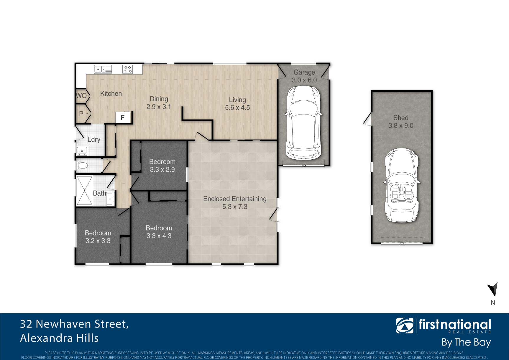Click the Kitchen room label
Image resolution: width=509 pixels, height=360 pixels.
click(x=111, y=94)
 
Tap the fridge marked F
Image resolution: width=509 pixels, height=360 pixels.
click(x=123, y=117)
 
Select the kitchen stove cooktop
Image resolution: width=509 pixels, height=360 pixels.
click(x=128, y=69)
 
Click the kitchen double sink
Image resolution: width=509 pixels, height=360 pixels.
click(x=103, y=69)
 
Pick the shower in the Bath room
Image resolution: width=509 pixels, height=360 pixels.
click(x=85, y=190)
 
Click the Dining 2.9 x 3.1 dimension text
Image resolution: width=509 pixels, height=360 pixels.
click(x=159, y=107)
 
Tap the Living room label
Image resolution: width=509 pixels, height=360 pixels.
click(x=237, y=100)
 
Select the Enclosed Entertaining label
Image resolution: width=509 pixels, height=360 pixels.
click(x=235, y=199)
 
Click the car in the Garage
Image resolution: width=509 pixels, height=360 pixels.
click(x=304, y=122)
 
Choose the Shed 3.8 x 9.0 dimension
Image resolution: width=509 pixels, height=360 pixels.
click(x=401, y=126)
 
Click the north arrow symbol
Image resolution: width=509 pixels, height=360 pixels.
click(x=493, y=289)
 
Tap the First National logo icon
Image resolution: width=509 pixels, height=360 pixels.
click(x=405, y=325)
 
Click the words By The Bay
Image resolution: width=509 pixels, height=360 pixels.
click(x=466, y=342)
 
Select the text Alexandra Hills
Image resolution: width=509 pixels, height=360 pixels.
click(x=59, y=338)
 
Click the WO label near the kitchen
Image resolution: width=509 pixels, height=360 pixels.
click(x=81, y=96)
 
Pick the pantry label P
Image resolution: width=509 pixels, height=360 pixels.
click(x=81, y=114)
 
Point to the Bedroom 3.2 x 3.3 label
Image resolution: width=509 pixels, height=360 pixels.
click(x=98, y=237)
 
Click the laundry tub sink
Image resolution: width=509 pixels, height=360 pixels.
click(x=82, y=151)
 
